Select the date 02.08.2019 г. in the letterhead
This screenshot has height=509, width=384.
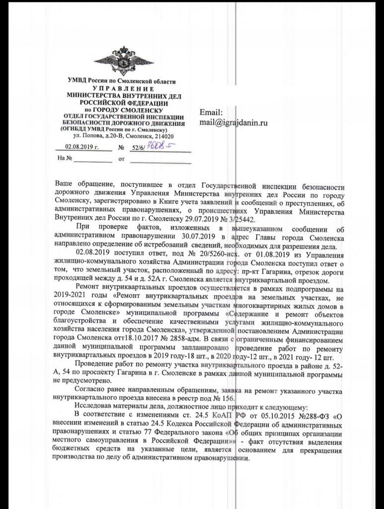81,147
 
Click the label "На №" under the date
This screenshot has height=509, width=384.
65,159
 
